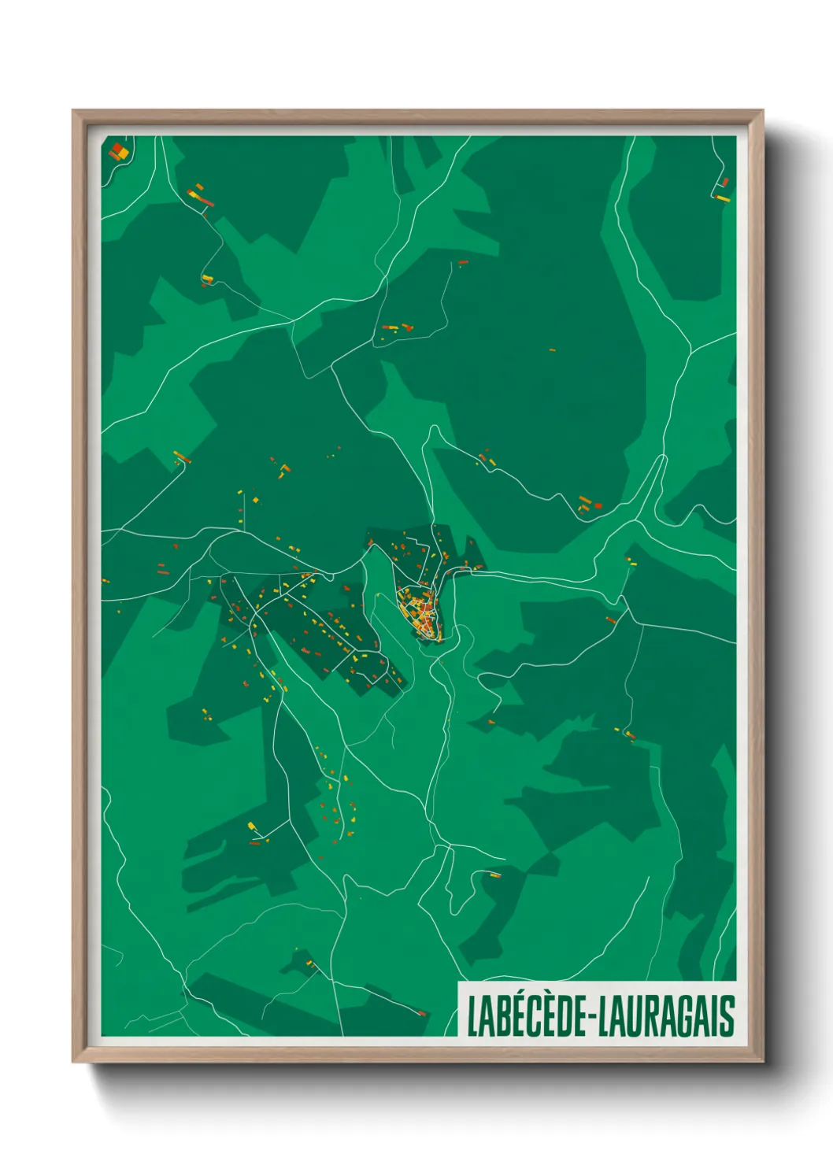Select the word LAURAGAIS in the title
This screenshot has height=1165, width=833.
point(666,1015)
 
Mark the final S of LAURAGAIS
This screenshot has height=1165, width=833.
point(727,1015)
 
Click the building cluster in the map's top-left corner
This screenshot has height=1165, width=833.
point(119,150)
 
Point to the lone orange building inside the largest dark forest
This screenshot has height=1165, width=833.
point(552,349)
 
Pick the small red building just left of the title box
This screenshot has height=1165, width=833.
point(421,1012)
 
